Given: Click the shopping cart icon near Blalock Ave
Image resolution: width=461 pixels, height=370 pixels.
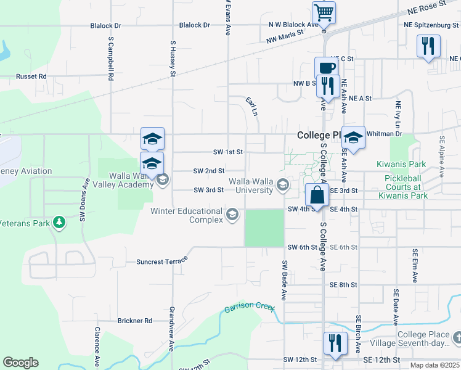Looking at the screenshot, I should (324, 12).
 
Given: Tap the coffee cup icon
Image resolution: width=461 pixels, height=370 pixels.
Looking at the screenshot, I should (326, 67).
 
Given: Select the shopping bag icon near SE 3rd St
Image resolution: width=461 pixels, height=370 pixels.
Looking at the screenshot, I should (316, 194).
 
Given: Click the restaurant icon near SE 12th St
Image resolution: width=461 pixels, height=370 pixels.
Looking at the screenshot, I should (335, 342).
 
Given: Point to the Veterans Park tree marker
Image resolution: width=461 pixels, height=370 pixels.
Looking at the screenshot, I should (59, 221).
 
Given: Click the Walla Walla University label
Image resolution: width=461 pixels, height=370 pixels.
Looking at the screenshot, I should (251, 186).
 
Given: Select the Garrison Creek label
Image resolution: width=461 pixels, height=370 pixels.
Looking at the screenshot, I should (248, 307).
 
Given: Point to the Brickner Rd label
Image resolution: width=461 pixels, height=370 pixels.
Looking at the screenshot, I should (134, 321).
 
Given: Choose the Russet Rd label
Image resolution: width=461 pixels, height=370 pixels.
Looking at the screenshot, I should (31, 76).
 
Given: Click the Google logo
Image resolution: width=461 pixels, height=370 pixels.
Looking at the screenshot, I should (20, 362).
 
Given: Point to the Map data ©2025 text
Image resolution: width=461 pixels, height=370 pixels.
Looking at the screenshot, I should (434, 365).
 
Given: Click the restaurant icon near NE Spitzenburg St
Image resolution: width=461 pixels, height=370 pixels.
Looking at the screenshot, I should (428, 46).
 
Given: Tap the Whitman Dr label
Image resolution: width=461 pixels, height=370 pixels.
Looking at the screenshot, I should (384, 133).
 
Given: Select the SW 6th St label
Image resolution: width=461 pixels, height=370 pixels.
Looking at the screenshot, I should (302, 247).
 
